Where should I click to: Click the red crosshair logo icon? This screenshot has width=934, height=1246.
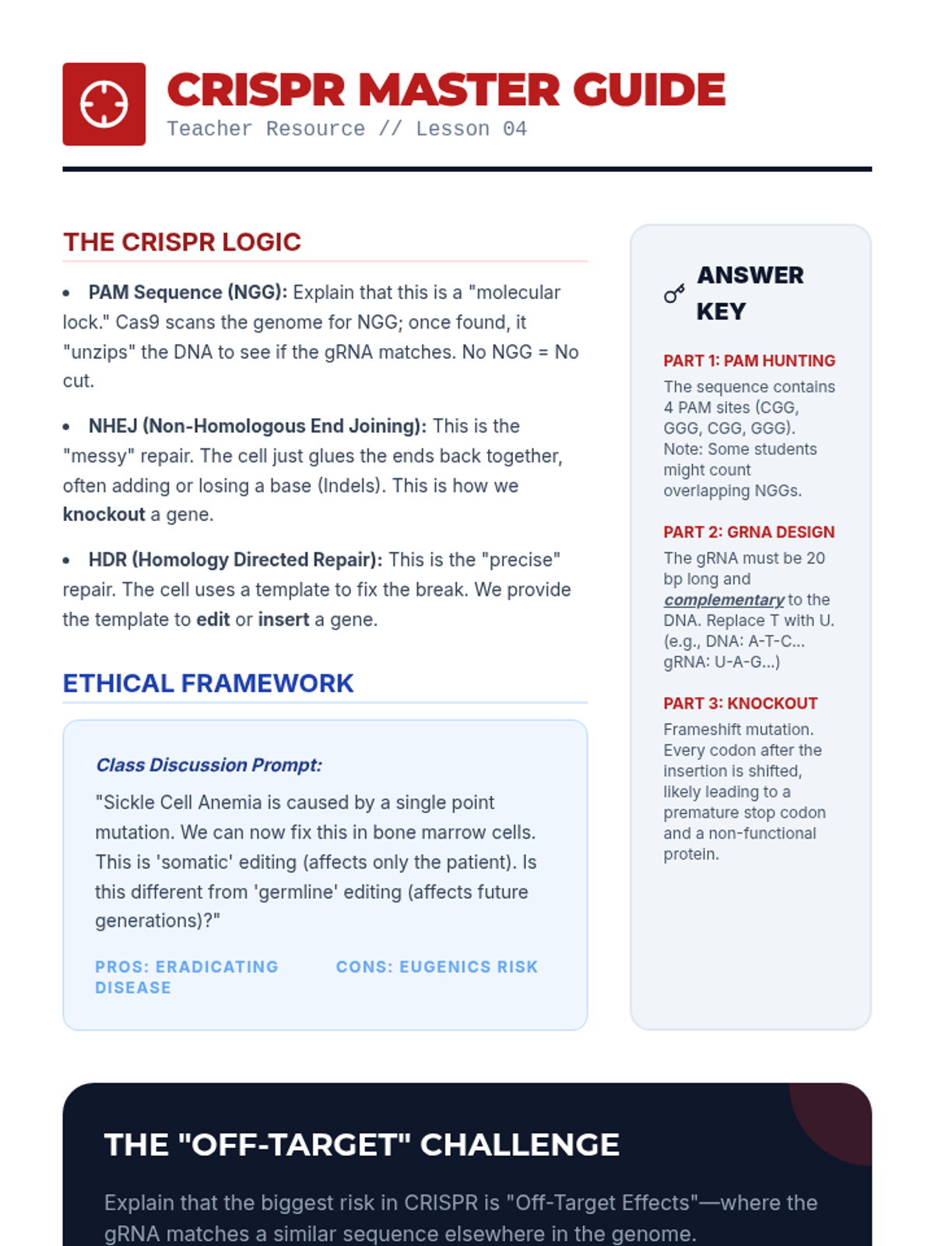click(104, 104)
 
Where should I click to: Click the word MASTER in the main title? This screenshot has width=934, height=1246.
click(458, 90)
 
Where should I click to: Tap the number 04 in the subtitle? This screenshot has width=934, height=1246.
click(514, 129)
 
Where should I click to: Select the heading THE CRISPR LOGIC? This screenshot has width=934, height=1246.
click(182, 242)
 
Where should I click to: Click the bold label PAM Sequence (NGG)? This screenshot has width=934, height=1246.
click(188, 293)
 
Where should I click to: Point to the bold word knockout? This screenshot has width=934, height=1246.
click(104, 515)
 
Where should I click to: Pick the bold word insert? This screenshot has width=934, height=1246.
click(283, 620)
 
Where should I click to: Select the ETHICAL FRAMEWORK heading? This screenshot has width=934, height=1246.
click(208, 683)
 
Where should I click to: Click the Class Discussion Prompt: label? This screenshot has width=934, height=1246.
click(209, 765)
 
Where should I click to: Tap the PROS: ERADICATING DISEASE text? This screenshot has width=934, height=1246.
click(186, 977)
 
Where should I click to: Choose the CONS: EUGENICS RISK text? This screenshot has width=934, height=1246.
click(437, 967)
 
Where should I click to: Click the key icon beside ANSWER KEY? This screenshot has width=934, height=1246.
click(674, 294)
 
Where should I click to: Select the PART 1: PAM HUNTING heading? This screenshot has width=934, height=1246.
click(749, 361)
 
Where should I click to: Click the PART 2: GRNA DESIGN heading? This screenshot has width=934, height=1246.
click(749, 532)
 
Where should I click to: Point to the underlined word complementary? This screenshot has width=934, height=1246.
click(724, 600)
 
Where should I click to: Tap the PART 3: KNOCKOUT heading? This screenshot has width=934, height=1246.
click(740, 703)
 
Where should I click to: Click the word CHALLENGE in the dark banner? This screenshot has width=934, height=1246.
click(520, 1145)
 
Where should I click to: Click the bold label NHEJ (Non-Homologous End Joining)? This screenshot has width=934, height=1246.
click(257, 427)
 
